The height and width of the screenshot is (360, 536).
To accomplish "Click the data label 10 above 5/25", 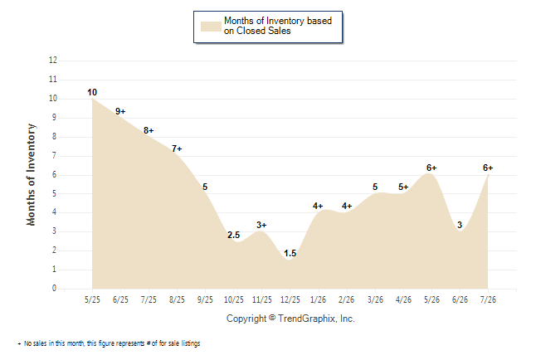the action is coord(92,92).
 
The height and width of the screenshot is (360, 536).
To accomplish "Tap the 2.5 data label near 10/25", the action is coord(234,235).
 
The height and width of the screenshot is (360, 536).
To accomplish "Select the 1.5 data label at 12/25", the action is coord(290,253).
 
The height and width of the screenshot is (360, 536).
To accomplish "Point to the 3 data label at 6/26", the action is coord(460,225).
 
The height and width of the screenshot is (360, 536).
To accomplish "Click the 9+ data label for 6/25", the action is coord(120,111).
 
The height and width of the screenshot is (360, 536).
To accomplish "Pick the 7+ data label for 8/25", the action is coord(177,148).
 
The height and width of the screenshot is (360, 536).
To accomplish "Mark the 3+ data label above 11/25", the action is coord(261,225).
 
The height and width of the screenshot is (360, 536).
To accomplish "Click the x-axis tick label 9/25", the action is coord(205,299).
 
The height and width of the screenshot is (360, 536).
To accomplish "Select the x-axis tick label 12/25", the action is coord(290,299).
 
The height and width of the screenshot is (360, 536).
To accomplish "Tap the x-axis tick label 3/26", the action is coord(375,299).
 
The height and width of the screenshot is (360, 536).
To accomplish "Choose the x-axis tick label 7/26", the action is coord(488,299).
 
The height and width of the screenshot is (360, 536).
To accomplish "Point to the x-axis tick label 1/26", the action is coord(319,299).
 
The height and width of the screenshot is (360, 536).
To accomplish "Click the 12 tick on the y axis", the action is coord(53,61).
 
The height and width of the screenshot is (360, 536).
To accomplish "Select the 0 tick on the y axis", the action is coord(55,288).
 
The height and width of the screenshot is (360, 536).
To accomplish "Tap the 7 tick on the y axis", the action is coord(55,156).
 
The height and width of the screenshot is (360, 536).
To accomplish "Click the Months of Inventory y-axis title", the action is coord(31,175).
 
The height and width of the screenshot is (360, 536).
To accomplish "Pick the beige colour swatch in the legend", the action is coord(211,27).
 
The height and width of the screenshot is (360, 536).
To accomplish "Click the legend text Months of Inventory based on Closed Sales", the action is coord(278,26).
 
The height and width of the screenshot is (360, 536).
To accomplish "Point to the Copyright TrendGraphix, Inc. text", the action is coord(290,319).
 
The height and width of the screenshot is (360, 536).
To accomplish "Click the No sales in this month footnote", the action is coord(109,343).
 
